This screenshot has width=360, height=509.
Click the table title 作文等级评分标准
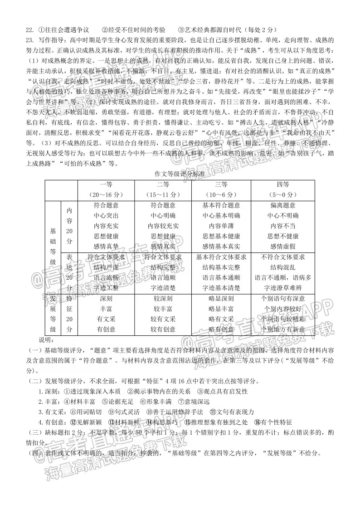click(x=180, y=173)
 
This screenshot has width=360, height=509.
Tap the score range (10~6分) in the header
click(x=221, y=194)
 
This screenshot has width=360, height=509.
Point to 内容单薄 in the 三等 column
click(x=221, y=226)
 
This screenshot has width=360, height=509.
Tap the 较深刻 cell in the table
click(x=163, y=299)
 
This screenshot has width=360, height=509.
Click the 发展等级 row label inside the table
click(x=53, y=314)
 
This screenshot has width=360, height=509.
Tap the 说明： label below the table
click(x=46, y=340)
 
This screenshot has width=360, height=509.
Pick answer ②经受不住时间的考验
click(x=133, y=30)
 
